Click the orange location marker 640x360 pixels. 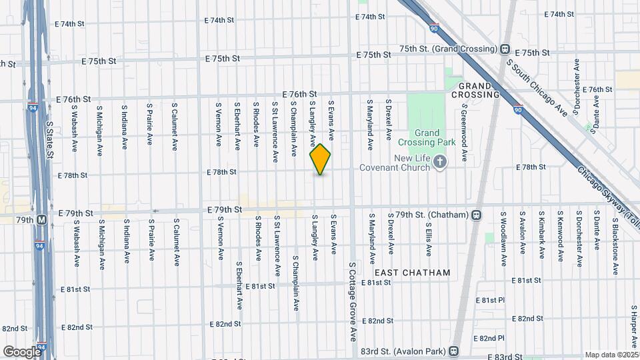tap(320, 159)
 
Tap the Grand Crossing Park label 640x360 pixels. tap(427, 137)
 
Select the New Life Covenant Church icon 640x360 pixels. tap(439, 161)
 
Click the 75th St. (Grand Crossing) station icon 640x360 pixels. tap(505, 49)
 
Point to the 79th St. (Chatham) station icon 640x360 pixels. tap(476, 215)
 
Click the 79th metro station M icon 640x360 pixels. tap(41, 219)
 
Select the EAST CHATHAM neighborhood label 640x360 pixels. tap(412, 273)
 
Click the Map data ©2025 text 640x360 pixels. tap(611, 355)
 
